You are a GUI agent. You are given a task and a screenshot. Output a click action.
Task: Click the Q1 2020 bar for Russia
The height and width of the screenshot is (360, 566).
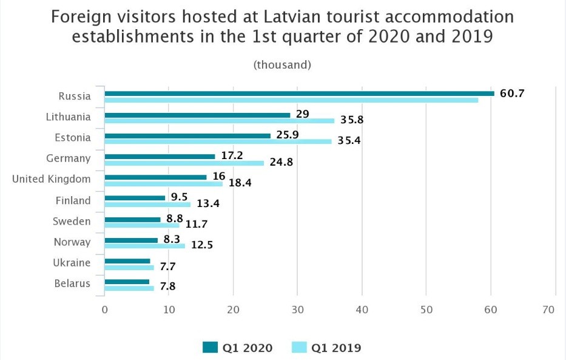299,93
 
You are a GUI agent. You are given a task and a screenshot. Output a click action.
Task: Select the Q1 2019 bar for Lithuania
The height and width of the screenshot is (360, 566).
219,121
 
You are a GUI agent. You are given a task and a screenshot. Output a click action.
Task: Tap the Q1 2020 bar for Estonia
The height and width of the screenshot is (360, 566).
187,135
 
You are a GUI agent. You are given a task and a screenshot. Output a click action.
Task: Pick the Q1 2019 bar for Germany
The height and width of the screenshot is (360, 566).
184,163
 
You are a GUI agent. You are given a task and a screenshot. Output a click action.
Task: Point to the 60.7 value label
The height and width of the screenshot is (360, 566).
512,93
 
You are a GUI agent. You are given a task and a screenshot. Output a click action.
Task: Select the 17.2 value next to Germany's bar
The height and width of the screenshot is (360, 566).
232,156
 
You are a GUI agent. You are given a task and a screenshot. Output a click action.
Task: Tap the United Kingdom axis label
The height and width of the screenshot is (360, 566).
52,179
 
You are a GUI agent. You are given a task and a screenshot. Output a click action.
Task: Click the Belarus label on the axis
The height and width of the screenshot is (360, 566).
72,284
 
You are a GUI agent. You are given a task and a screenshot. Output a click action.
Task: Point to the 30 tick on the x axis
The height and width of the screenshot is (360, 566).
298,310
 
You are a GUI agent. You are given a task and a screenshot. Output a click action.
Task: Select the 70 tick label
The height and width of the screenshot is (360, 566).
549,310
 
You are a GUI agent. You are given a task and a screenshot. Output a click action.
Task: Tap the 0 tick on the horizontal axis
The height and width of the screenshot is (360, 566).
105,310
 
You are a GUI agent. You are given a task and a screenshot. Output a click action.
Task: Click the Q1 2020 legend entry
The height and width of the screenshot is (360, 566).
238,348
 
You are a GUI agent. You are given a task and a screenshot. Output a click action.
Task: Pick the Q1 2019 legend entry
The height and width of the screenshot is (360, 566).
327,348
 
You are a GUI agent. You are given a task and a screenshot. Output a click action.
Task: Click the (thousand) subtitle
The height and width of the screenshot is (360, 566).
282,64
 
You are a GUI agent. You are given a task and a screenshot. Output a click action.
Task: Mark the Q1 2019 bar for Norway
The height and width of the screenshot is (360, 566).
144,246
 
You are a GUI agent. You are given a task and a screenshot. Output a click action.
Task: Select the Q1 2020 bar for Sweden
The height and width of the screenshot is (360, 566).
132,219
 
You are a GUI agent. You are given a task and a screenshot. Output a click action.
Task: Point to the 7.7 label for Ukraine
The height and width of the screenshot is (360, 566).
168,267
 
